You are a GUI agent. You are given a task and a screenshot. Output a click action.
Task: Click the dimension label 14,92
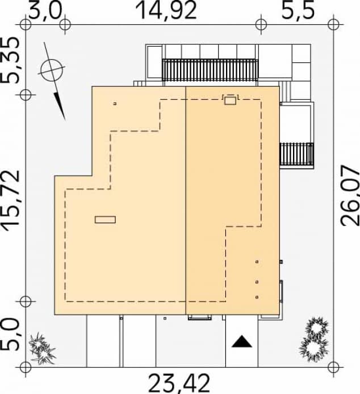pos(166,10)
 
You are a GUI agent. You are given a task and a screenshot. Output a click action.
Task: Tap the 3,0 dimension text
pos(45,11)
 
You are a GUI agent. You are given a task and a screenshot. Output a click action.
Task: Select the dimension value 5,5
pos(298,11)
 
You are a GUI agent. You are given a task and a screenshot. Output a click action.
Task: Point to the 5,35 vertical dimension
pos(12,60)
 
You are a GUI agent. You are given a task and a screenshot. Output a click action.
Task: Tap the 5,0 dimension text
pos(12,335)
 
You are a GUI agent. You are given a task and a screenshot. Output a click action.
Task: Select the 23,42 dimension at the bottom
pos(179,382)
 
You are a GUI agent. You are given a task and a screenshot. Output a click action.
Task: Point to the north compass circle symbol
pos(51,70)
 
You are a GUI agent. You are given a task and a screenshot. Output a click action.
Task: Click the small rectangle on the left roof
pos(105,219)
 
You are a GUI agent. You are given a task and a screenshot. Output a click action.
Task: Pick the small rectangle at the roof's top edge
pos(230,100)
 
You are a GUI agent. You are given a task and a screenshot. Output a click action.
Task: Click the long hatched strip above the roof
pos(210,70)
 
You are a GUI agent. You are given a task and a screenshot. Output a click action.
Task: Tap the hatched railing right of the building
pos(297,153)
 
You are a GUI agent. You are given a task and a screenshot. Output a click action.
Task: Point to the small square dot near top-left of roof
pos(115,104)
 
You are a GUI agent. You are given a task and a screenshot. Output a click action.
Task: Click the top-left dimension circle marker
pos(24,24)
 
